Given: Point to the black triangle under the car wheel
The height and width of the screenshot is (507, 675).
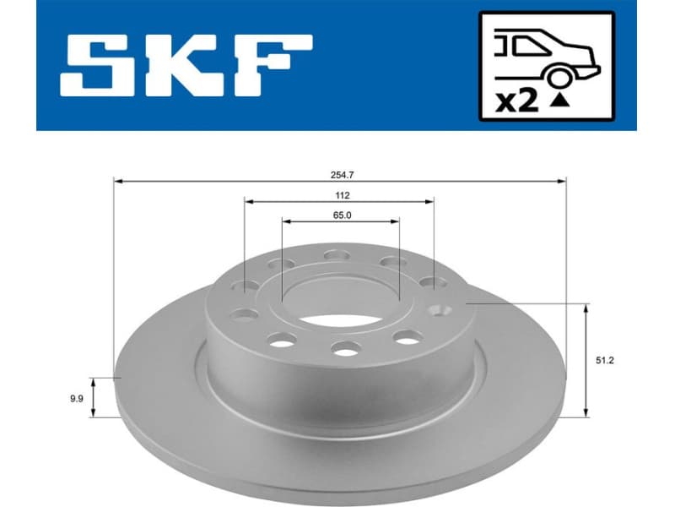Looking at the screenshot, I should [x=558, y=101].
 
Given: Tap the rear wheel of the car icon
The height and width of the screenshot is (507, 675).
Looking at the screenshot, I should [x=558, y=78].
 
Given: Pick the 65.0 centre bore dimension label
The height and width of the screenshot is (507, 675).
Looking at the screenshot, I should [x=340, y=215].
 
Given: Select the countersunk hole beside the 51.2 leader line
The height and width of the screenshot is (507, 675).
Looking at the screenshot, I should [x=439, y=309].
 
